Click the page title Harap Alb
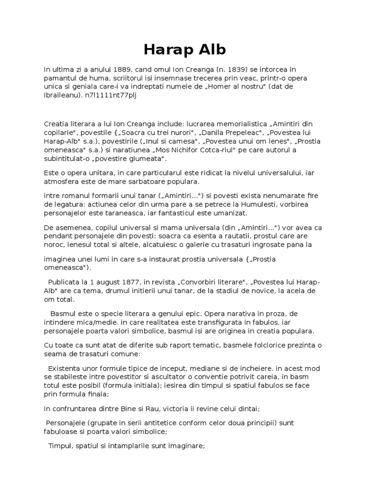coord(184,50)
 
